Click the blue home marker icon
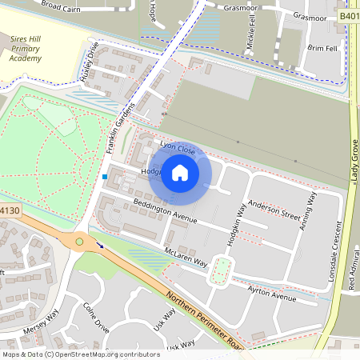pos(180,172)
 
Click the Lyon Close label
pos(178,148)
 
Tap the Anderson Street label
pos(274,210)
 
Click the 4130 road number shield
pos(9,210)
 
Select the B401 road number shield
pos(349,15)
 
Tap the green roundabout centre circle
pos(79,241)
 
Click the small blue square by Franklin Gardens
pos(104,176)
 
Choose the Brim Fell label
pos(322,48)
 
